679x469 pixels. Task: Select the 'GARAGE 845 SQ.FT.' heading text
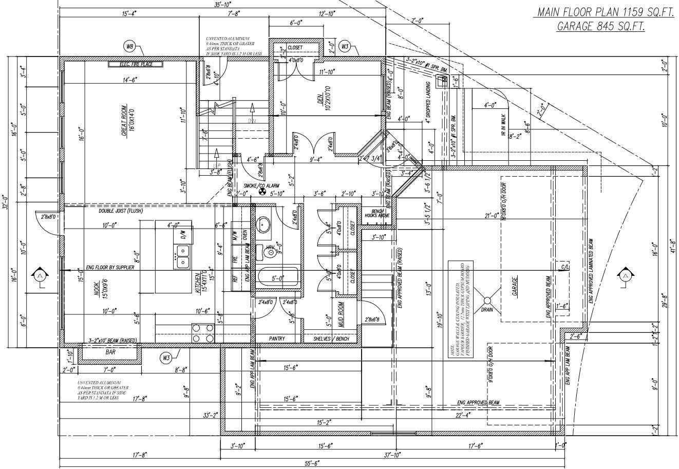[x=601, y=27]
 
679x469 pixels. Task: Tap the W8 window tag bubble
[x=130, y=47]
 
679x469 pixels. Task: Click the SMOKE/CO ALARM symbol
[x=261, y=193]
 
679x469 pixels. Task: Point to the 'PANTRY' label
[x=277, y=339]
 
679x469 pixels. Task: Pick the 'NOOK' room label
[x=96, y=289]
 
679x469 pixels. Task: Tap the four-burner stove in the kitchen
[x=203, y=333]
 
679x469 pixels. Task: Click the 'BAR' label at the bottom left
[x=110, y=352]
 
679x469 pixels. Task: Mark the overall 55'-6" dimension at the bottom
[x=311, y=463]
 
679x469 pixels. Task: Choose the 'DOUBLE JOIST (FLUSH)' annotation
[x=121, y=211]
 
